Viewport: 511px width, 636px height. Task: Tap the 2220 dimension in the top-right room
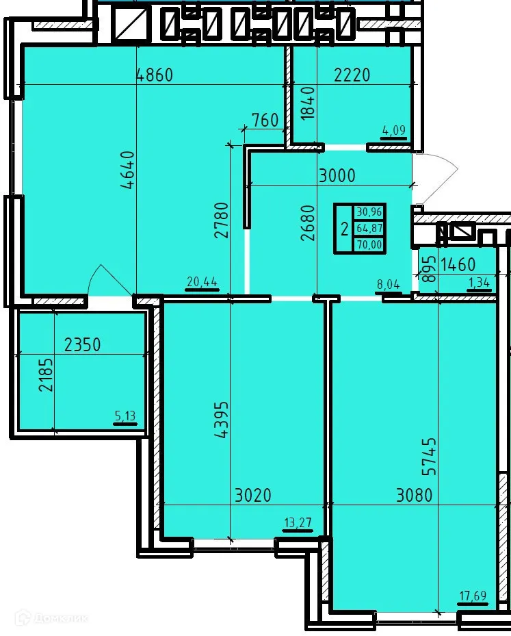pos(352,75)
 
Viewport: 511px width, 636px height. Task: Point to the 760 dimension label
pos(265,120)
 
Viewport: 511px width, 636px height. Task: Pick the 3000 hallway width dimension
pos(337,175)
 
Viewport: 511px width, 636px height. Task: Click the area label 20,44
pos(202,281)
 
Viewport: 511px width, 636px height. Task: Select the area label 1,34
pos(478,281)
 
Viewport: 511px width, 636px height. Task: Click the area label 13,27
pos(298,524)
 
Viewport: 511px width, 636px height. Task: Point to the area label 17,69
pos(472,595)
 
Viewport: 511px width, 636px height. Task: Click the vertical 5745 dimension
pos(429,457)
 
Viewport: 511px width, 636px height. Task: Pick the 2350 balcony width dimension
pos(82,344)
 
